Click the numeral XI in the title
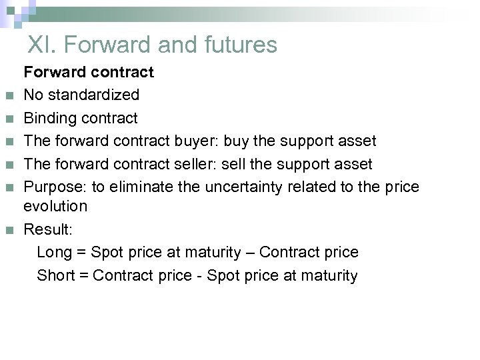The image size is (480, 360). (x=42, y=45)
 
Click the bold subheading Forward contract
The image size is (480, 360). (x=89, y=71)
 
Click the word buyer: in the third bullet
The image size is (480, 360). (x=199, y=141)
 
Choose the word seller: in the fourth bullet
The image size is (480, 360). (x=199, y=163)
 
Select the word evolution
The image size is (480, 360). (x=55, y=206)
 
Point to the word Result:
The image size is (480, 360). (x=48, y=230)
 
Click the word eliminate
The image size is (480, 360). (x=147, y=187)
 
